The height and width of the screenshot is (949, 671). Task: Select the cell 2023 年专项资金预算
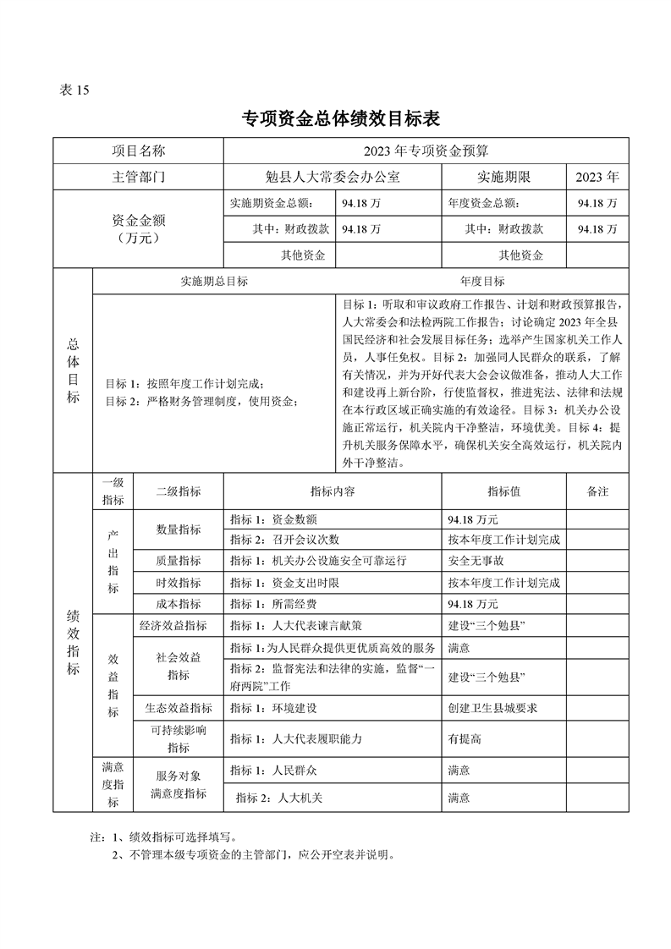[426, 151]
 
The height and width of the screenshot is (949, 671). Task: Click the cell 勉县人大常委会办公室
[333, 178]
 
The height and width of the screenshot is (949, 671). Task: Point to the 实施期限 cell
[503, 178]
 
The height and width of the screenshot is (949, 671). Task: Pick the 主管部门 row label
[139, 178]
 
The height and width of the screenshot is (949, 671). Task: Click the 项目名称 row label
[139, 151]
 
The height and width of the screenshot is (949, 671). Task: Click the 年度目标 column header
[482, 281]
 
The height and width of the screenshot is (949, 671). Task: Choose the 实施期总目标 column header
[214, 281]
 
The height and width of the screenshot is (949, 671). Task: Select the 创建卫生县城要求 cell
[492, 708]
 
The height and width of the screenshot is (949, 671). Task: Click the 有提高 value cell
[465, 738]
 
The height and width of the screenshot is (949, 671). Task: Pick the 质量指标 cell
[179, 561]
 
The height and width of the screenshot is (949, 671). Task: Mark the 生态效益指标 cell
[179, 708]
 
